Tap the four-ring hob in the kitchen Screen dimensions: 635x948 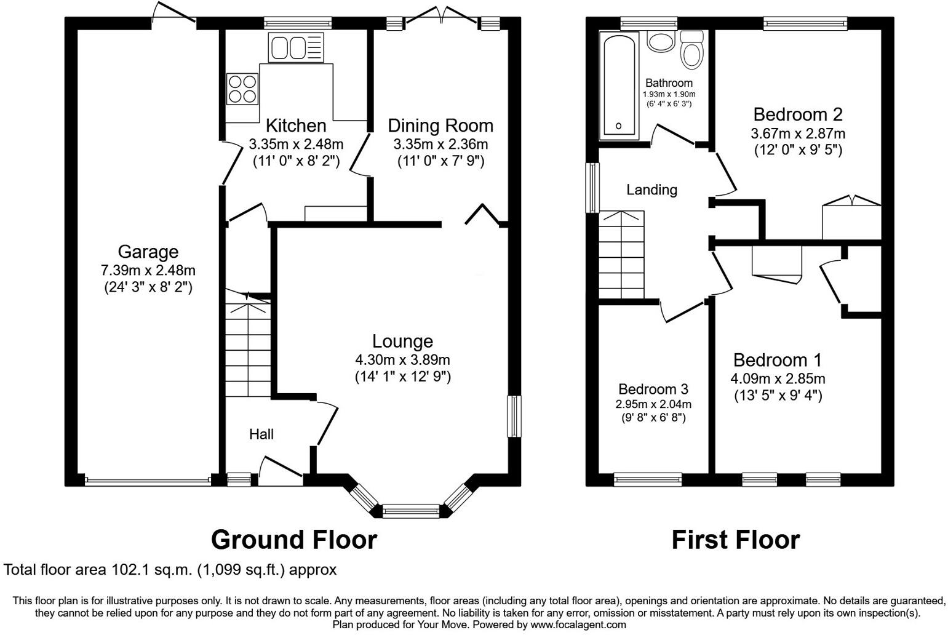[x=242, y=89]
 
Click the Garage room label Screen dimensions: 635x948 [x=148, y=252]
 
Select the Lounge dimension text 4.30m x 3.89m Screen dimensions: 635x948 [x=402, y=360]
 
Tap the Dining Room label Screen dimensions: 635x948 [x=440, y=126]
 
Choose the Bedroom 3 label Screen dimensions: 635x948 [x=653, y=389]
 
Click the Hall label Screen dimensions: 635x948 [x=261, y=434]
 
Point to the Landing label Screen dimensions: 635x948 [x=651, y=190]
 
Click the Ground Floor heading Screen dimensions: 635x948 [x=293, y=540]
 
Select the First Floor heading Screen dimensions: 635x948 [x=735, y=540]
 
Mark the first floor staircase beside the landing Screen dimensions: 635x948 [x=622, y=255]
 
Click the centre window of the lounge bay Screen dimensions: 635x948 [x=410, y=509]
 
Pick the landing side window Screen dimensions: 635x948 [x=592, y=187]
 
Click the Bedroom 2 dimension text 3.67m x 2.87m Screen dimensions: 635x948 [x=797, y=134]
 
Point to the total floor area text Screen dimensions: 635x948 [x=170, y=570]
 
